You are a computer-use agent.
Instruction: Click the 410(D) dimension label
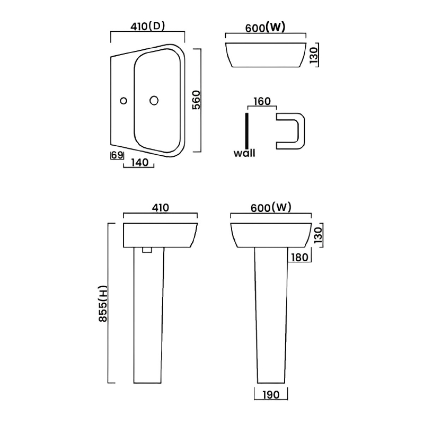click(x=147, y=25)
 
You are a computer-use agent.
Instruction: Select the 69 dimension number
click(x=117, y=155)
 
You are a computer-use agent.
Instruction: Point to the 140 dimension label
click(x=138, y=163)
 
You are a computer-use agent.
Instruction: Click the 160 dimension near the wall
click(x=262, y=101)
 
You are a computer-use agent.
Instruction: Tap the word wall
click(x=244, y=154)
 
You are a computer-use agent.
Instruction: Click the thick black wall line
click(x=246, y=130)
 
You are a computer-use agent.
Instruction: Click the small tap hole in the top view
click(x=123, y=100)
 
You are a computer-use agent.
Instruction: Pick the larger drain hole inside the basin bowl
click(x=154, y=100)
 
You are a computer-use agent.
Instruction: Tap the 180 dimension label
click(x=299, y=258)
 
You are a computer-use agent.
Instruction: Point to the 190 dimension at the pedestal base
click(x=271, y=394)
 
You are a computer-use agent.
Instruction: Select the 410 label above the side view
click(x=160, y=208)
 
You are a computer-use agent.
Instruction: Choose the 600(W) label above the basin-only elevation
click(x=266, y=28)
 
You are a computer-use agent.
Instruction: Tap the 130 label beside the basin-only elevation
click(x=314, y=55)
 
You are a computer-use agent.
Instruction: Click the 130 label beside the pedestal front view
click(x=317, y=235)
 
